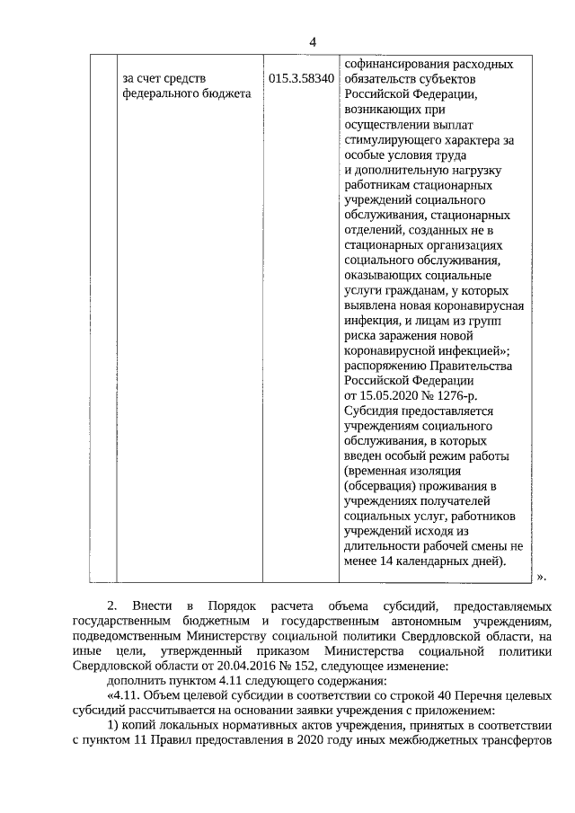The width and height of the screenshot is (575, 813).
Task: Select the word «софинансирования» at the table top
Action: pyautogui.click(x=393, y=65)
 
